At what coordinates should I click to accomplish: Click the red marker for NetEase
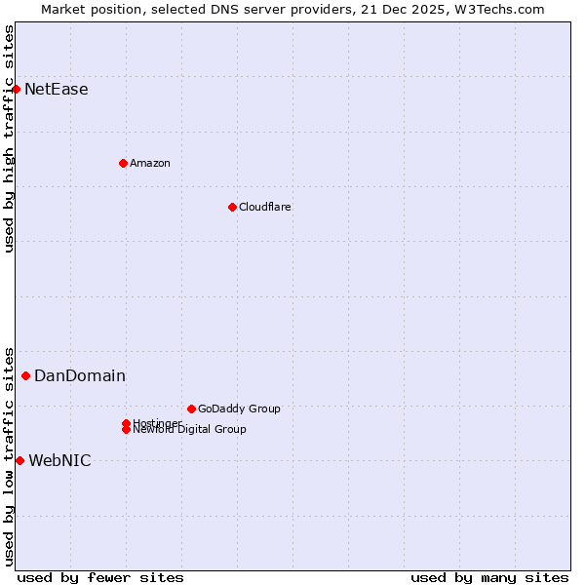coord(16,89)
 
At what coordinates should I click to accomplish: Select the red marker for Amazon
coord(123,163)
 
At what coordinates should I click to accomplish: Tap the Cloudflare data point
coord(232,207)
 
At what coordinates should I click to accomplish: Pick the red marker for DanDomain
coord(25,375)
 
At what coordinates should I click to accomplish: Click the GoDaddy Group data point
coord(191,409)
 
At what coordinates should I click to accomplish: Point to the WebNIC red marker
coord(19,460)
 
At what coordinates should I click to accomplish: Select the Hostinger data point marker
coord(126,423)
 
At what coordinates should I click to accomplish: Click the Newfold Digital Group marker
coord(127,430)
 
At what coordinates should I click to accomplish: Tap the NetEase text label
coord(57,89)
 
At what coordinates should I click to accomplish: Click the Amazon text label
coord(150,163)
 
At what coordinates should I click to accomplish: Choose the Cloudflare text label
coord(265,207)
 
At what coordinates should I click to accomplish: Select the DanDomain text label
coord(80,375)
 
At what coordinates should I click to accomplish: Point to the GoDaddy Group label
coord(239,409)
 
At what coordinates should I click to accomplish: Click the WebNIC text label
coord(60,460)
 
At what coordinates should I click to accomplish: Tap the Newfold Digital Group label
coord(190,430)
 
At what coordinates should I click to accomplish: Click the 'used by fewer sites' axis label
coord(100,577)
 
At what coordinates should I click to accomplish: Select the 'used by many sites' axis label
coord(489,577)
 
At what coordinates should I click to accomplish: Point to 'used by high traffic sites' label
coord(9,138)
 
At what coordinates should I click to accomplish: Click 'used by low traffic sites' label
coord(9,455)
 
